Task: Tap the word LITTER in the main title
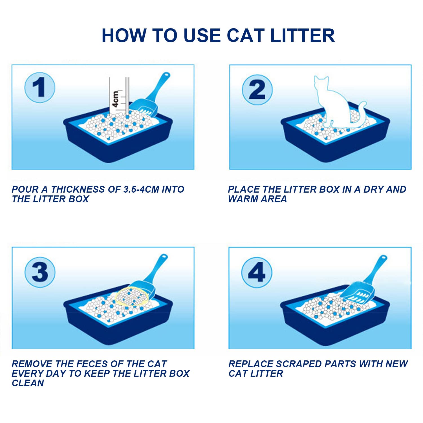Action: pyautogui.click(x=303, y=36)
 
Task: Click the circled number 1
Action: pyautogui.click(x=39, y=87)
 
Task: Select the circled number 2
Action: pyautogui.click(x=257, y=90)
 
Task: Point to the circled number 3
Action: pyautogui.click(x=40, y=272)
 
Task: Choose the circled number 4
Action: pyautogui.click(x=257, y=272)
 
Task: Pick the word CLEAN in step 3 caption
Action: pyautogui.click(x=28, y=383)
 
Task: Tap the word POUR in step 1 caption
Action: pyautogui.click(x=25, y=189)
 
